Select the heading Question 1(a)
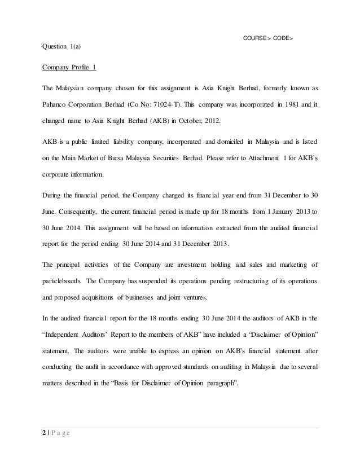pyautogui.click(x=62, y=47)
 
